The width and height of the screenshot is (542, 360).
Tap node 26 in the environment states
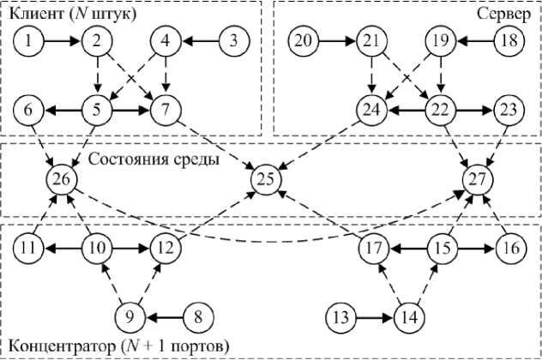coord(63,178)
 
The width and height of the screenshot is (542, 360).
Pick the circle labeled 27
coord(478,178)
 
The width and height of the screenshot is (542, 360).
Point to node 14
coord(410,317)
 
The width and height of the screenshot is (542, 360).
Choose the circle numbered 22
coord(441,109)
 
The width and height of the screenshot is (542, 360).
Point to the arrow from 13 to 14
coord(375,317)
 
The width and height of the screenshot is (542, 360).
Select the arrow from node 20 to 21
coord(337,39)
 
